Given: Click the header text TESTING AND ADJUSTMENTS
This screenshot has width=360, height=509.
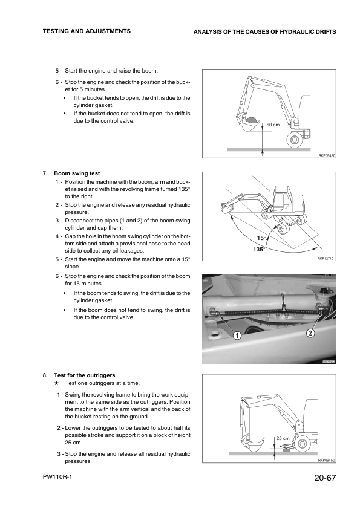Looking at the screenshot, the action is pos(87,31).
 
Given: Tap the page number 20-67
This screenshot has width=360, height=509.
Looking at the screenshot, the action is pos(325,478).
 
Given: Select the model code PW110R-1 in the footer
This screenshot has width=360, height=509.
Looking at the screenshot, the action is pos(57,477).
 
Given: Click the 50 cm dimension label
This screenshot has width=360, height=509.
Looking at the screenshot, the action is pos(273,125).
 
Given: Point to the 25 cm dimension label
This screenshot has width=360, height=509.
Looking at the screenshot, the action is pos(283,438).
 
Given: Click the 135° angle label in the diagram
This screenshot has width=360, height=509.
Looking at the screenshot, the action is pos(259,249).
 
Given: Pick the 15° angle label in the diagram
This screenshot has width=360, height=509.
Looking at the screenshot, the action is pos(261,238).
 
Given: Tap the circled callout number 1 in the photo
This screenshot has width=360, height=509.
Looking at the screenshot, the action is pos(238,336).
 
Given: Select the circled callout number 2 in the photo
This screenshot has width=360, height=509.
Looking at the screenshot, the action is pos(310,332).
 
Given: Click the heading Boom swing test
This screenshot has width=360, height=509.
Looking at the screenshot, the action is pos(77,173).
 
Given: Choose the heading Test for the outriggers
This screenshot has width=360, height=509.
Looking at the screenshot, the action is pos(85,375).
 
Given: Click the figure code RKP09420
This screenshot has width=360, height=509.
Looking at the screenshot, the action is pos(327,156).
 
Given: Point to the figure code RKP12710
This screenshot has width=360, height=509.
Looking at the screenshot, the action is pos(326,258).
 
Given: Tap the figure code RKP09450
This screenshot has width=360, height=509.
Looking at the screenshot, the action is pos(327,460).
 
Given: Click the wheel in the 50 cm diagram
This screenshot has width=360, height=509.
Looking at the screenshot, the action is pos(295,140).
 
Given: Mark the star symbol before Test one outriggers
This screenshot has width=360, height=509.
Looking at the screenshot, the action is pos(56,383).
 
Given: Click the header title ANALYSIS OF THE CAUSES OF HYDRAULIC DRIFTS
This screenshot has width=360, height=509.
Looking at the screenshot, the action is pos(264,32).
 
